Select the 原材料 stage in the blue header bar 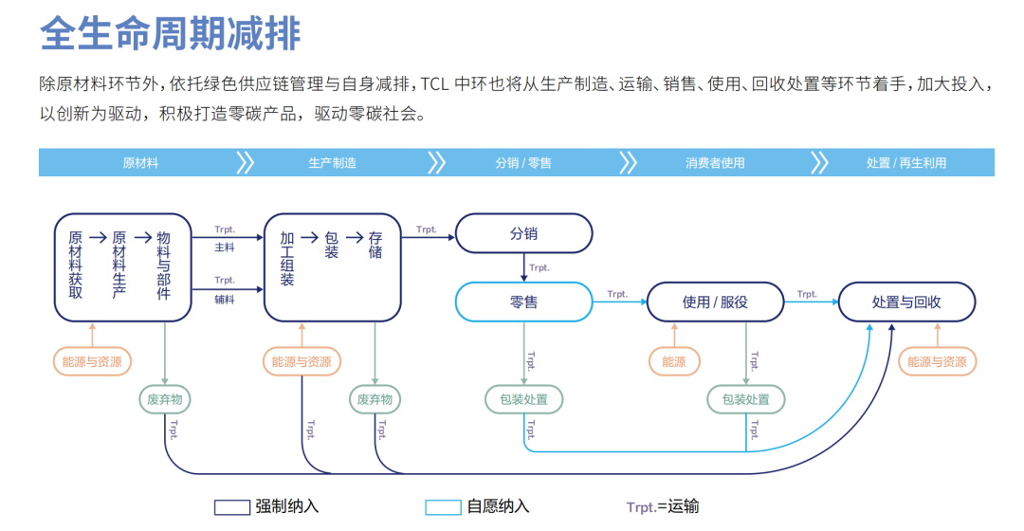pyautogui.click(x=140, y=163)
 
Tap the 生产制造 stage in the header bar pyautogui.click(x=332, y=163)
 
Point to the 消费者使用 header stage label pyautogui.click(x=715, y=163)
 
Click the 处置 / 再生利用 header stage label pyautogui.click(x=905, y=163)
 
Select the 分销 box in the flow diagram pyautogui.click(x=523, y=233)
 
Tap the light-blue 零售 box pyautogui.click(x=523, y=302)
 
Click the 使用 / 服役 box pyautogui.click(x=715, y=302)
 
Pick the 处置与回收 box pyautogui.click(x=906, y=302)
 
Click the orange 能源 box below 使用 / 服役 pyautogui.click(x=674, y=361)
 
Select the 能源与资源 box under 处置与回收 pyautogui.click(x=937, y=361)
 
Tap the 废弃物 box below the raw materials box pyautogui.click(x=164, y=399)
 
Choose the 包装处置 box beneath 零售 pyautogui.click(x=523, y=399)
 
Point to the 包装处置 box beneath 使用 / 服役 pyautogui.click(x=745, y=399)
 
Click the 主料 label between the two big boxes pyautogui.click(x=225, y=247)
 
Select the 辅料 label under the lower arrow pyautogui.click(x=225, y=300)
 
